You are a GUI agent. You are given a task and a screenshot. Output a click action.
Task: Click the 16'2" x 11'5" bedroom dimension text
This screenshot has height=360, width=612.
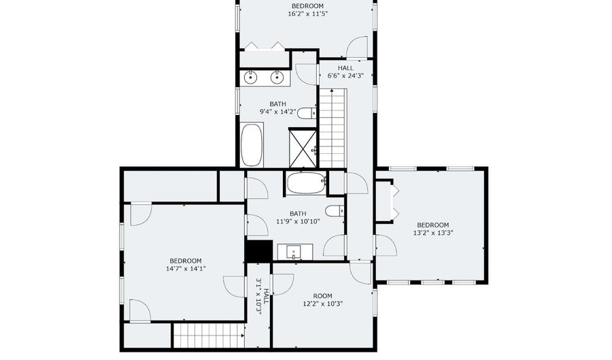point(307,14)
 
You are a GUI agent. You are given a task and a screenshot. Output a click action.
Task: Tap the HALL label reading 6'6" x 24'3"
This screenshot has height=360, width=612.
point(345,72)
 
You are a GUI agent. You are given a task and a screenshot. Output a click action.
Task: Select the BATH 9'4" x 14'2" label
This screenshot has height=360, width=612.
point(278,108)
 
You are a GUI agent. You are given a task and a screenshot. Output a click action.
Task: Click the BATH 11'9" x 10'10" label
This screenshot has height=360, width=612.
point(298,218)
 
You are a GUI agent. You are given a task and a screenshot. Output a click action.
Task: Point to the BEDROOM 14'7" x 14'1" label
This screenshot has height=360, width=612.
point(186,265)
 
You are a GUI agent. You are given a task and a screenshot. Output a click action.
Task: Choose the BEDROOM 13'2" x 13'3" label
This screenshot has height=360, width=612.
point(433,229)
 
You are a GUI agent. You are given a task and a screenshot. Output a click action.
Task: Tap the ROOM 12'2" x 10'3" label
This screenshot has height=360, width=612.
point(323,299)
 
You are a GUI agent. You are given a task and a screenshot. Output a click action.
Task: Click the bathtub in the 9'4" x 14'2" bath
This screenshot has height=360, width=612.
point(252,145)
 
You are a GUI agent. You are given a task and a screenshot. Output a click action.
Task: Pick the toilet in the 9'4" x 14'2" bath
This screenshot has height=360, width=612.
point(307,113)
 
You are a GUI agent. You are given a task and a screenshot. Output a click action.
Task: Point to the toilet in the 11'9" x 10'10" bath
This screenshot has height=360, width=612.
point(335,211)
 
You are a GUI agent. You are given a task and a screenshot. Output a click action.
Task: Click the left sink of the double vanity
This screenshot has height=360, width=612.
point(250,78)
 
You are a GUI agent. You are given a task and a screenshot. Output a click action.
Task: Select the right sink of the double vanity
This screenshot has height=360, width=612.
point(277,78)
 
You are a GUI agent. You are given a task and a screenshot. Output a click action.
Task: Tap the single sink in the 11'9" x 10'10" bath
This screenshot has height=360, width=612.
point(294,252)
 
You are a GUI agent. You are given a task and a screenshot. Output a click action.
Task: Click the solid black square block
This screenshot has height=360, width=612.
point(259,250)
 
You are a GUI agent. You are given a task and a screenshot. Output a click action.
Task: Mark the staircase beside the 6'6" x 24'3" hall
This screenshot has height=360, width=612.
point(333,128)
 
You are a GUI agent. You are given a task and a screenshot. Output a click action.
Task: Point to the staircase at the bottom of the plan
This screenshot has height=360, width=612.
point(209,336)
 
